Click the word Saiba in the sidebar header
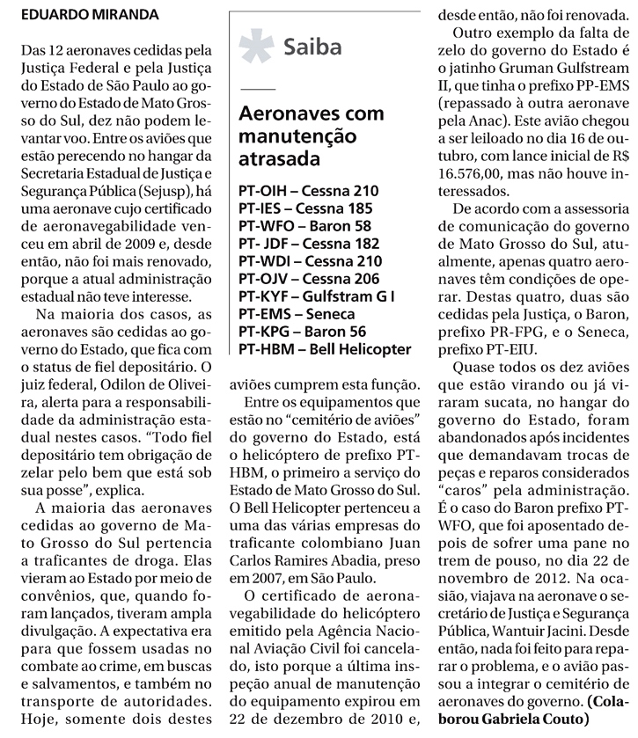click(x=312, y=47)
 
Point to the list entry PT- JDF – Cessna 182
click(x=309, y=244)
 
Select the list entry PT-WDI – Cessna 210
click(x=310, y=261)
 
